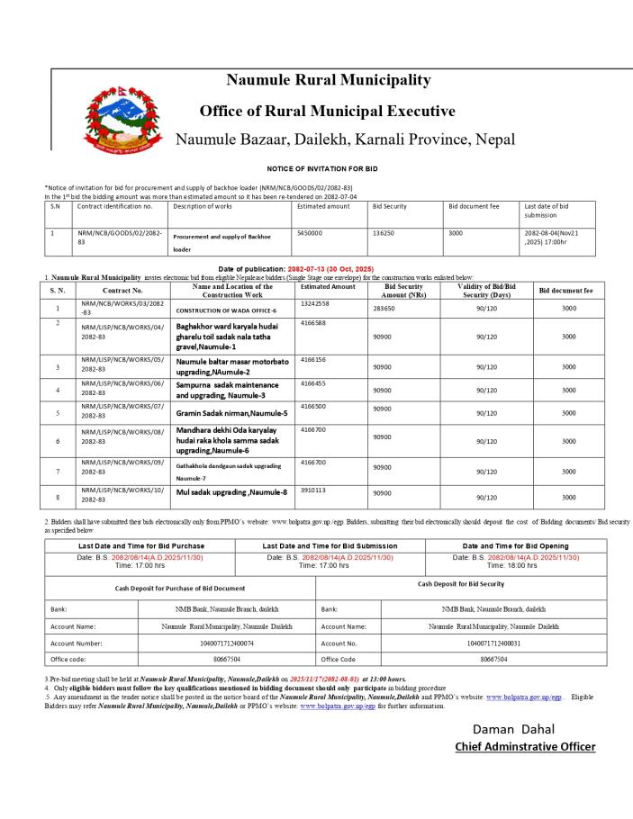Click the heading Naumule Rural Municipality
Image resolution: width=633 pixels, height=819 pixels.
click(328, 80)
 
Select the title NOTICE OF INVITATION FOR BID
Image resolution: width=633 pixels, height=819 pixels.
click(322, 168)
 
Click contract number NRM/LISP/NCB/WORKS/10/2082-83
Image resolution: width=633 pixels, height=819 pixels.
click(110, 497)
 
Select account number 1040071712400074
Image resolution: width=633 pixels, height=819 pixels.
click(232, 643)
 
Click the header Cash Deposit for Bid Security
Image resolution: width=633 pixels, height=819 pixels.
click(461, 584)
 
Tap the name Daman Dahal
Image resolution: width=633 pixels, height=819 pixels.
click(513, 729)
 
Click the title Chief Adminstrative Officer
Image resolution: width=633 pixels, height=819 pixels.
click(525, 746)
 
